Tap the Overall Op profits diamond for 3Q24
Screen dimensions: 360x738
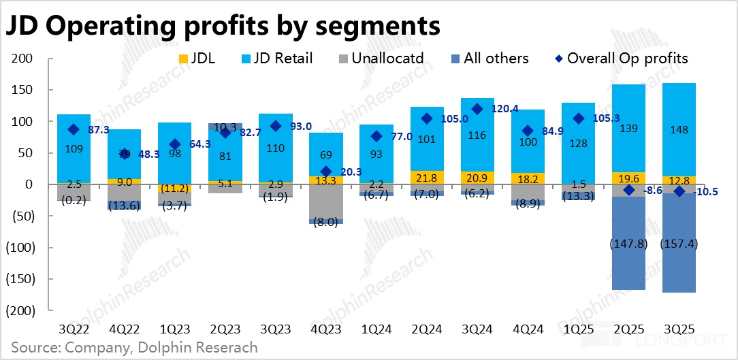(x=477, y=109)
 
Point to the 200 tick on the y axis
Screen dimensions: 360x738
(x=22, y=59)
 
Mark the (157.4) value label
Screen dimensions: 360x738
(x=679, y=244)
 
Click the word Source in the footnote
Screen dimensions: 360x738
(x=35, y=347)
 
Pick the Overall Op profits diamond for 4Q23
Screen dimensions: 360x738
(x=325, y=171)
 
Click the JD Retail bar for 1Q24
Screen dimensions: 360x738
(x=376, y=153)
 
